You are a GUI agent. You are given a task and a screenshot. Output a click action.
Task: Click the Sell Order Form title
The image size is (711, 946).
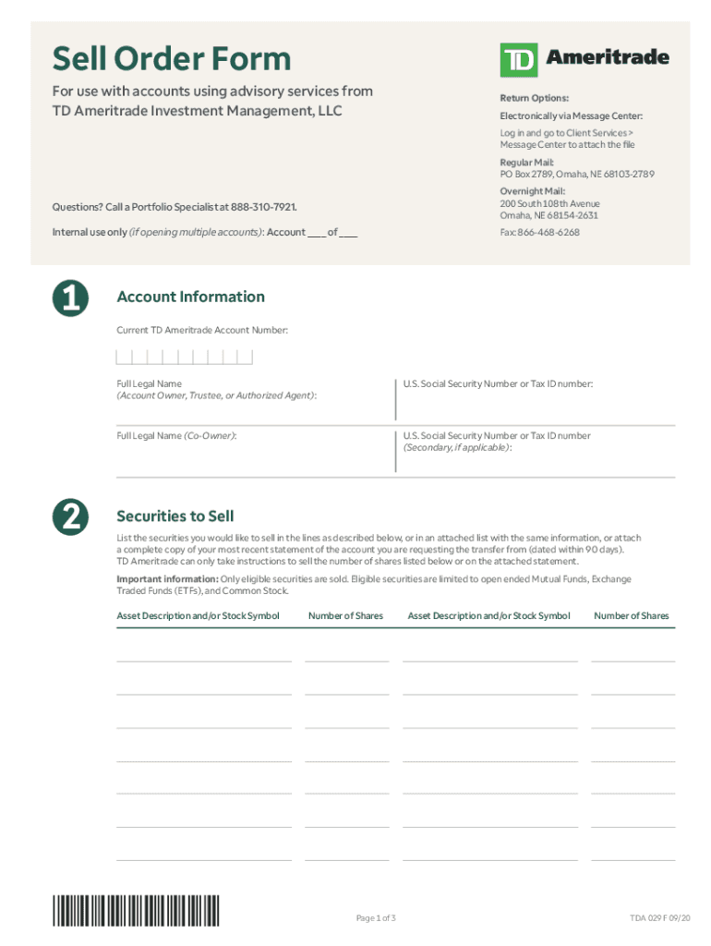pos(171,60)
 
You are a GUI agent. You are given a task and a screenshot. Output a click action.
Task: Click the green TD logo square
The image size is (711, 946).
pos(518,60)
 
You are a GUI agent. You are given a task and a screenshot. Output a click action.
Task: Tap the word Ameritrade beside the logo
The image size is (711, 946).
pos(608,57)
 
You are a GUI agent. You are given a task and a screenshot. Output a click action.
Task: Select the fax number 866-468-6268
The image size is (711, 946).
pos(550,232)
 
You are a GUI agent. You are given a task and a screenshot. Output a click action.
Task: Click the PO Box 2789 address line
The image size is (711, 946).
pos(564,174)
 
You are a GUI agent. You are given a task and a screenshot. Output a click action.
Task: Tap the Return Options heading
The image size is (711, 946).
pos(535,98)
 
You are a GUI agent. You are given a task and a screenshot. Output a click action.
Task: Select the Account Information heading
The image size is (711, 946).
pos(190,297)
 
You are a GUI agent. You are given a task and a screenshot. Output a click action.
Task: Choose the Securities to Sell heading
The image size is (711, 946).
pos(175,516)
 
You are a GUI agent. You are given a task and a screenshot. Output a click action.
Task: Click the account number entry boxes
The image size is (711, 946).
pos(185,357)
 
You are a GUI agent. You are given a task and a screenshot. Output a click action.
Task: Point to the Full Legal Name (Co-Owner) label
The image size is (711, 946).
pos(176,435)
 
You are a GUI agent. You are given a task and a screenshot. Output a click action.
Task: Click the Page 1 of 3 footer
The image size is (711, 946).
pos(376,917)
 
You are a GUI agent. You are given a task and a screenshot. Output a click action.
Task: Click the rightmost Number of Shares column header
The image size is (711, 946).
pos(632,615)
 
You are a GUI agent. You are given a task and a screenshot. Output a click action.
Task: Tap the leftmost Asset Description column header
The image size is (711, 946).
pos(198,615)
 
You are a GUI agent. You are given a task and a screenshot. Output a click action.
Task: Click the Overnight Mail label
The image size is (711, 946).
pos(533,191)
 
